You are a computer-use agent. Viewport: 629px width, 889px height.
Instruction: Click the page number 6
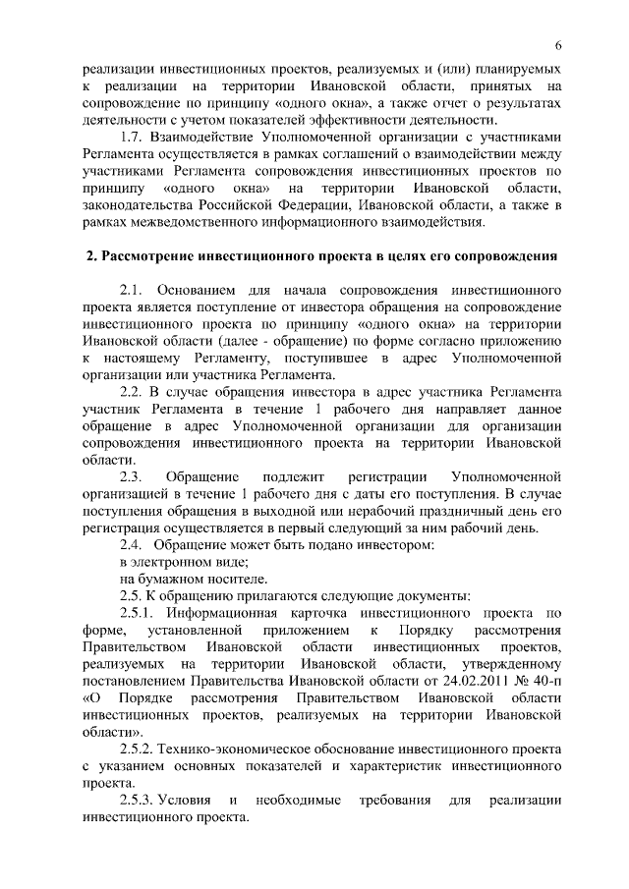(x=557, y=46)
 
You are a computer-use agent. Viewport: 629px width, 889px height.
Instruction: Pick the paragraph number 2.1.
(x=132, y=292)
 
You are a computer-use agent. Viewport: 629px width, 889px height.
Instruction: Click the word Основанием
(x=206, y=292)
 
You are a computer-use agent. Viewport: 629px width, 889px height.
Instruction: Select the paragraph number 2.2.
(x=132, y=392)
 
